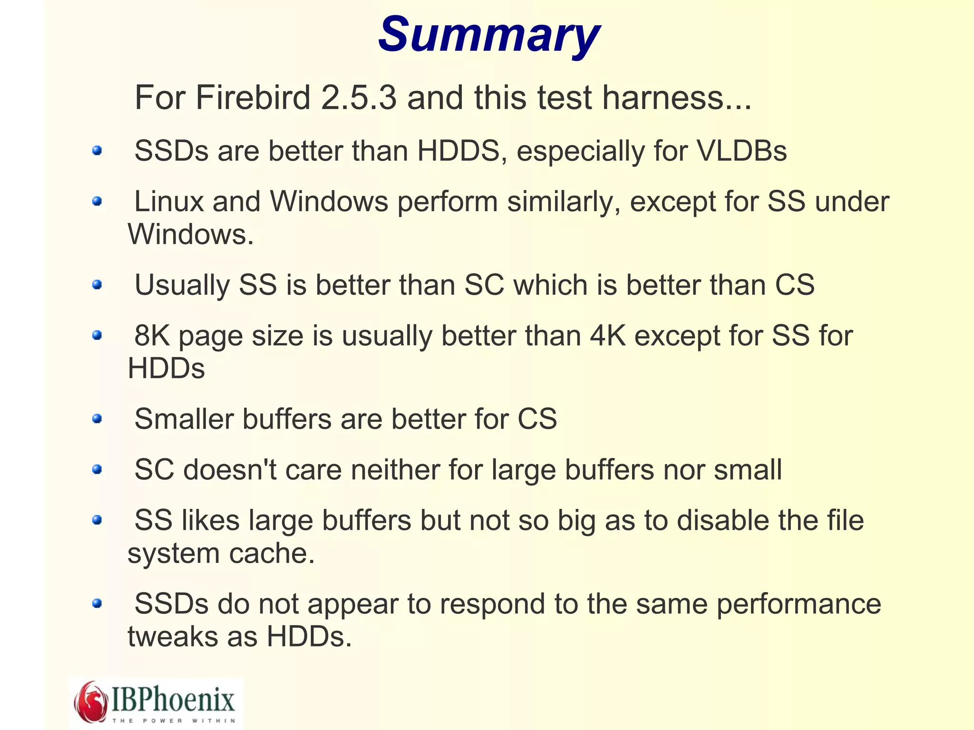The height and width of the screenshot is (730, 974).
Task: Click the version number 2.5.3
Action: point(359,97)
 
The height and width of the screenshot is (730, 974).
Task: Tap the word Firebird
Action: point(253,97)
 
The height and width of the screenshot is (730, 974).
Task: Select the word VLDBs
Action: point(742,151)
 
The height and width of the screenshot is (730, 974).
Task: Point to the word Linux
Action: point(169,202)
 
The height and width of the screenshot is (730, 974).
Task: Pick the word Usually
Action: point(182,285)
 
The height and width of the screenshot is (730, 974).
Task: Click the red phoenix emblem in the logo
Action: point(91,702)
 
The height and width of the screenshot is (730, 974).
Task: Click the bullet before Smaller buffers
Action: point(97,419)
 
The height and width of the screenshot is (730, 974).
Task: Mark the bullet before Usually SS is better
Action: point(97,285)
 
